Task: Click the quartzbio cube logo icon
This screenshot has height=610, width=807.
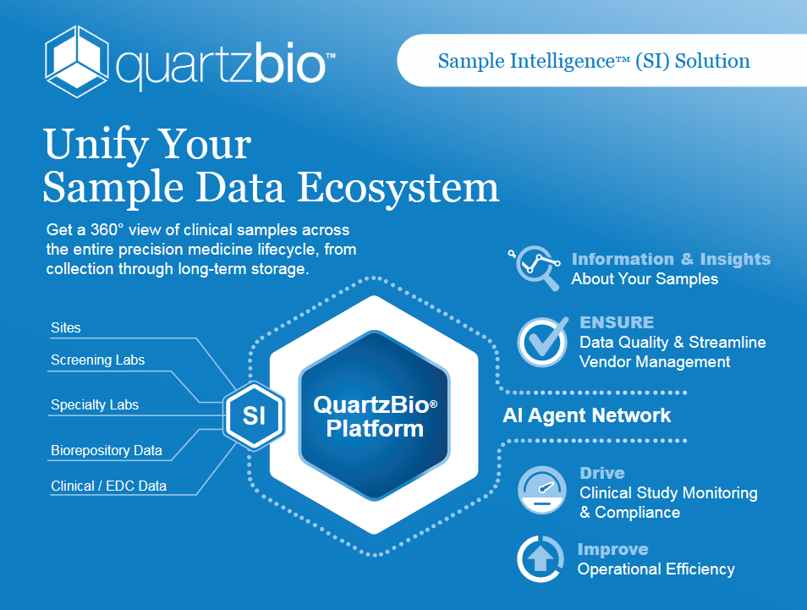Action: (77, 61)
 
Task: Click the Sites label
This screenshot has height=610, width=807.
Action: (66, 328)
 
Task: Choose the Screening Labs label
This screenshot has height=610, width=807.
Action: (98, 360)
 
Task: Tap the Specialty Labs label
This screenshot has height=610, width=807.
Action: (95, 404)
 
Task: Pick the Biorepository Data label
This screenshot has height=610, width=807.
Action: (107, 450)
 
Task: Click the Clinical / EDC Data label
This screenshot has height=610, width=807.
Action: (108, 486)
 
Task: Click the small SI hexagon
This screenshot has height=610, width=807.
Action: (254, 415)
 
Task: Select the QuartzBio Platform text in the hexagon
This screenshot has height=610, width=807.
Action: (376, 416)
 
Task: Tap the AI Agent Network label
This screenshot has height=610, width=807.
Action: (587, 415)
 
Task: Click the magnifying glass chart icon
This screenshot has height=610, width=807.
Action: (535, 267)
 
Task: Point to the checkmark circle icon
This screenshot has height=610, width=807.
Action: (543, 341)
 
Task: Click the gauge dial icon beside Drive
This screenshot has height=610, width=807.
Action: (542, 490)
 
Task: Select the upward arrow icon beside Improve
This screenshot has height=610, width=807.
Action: (541, 559)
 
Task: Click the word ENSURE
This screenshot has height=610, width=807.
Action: (617, 322)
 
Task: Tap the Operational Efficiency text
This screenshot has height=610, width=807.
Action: (656, 569)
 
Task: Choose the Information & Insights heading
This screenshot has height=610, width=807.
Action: (671, 259)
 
